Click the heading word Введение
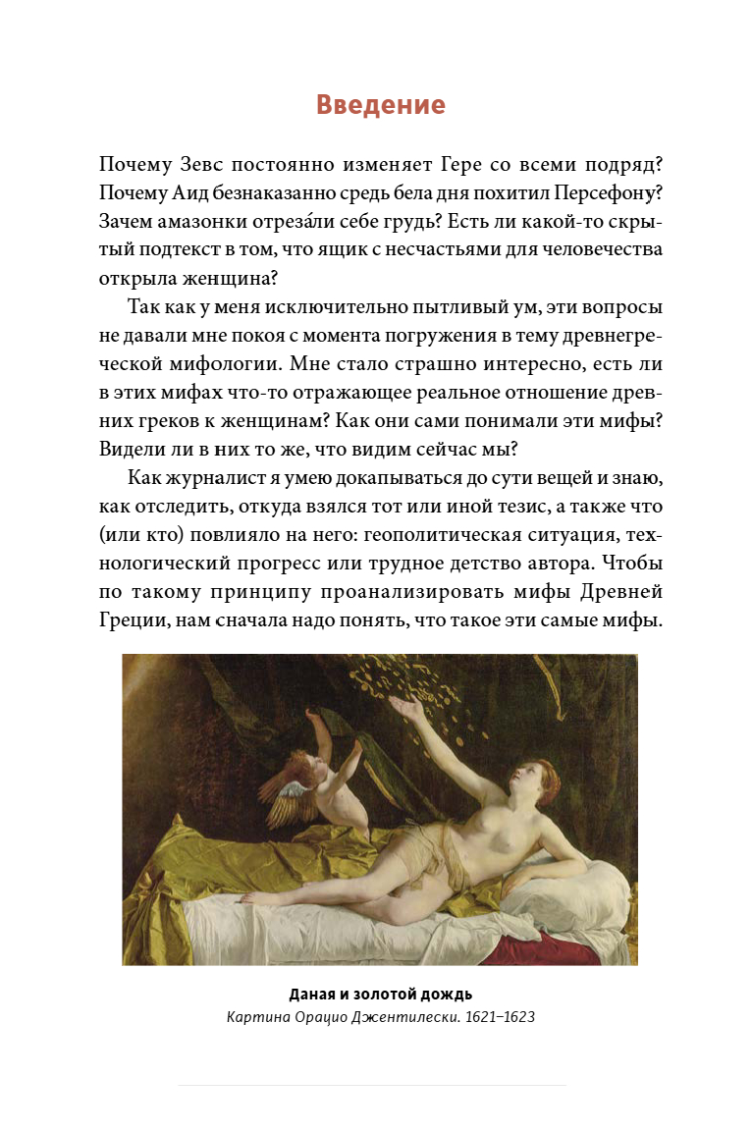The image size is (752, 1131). click(381, 105)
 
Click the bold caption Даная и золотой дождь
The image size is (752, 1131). click(380, 994)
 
